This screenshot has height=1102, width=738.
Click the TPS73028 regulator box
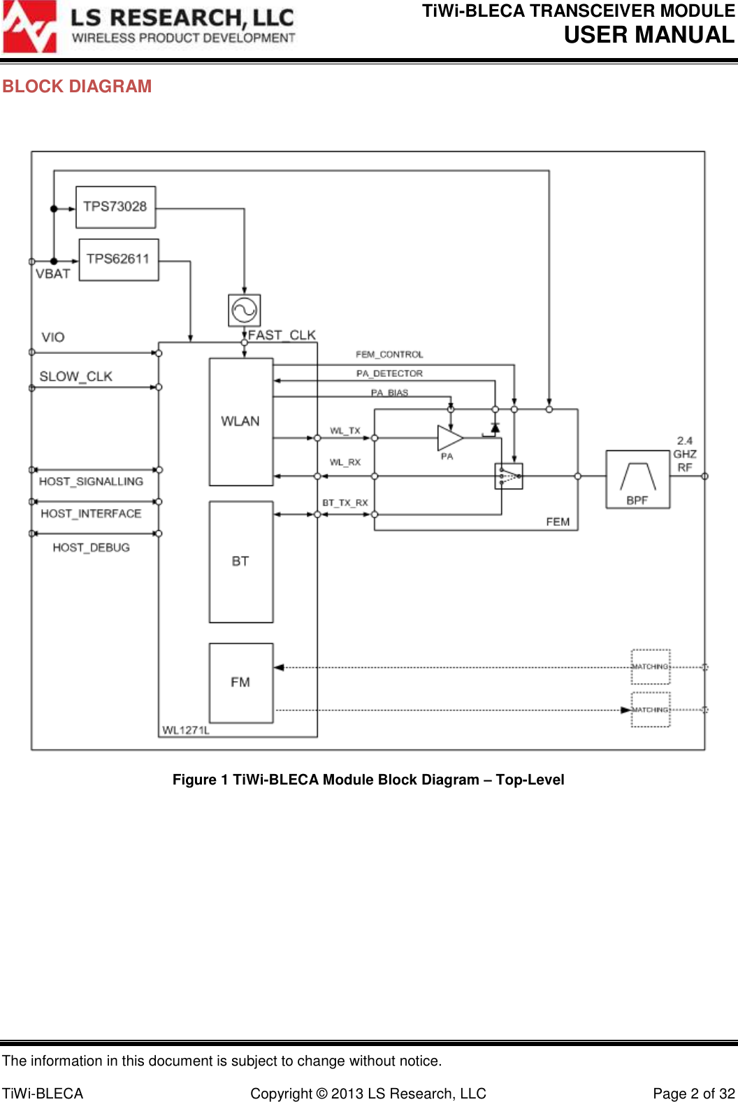pyautogui.click(x=115, y=207)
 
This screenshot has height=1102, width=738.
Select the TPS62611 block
pyautogui.click(x=119, y=259)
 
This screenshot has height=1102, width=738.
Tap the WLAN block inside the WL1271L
pyautogui.click(x=241, y=422)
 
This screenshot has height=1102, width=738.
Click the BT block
pyautogui.click(x=241, y=561)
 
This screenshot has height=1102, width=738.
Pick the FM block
pyautogui.click(x=241, y=682)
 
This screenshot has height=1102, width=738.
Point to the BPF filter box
pyautogui.click(x=637, y=480)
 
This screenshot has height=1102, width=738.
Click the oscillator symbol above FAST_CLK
pyautogui.click(x=245, y=310)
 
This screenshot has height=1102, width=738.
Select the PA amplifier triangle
pyautogui.click(x=449, y=438)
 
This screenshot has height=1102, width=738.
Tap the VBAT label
pyautogui.click(x=53, y=274)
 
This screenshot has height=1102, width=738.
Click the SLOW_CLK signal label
pyautogui.click(x=75, y=377)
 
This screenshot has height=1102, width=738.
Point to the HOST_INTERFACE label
pyautogui.click(x=91, y=514)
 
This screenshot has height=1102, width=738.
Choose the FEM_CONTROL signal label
pyautogui.click(x=389, y=355)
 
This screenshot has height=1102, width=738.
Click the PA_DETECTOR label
pyautogui.click(x=389, y=373)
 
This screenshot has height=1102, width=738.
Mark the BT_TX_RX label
pyautogui.click(x=345, y=503)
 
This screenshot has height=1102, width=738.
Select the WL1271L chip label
pyautogui.click(x=186, y=730)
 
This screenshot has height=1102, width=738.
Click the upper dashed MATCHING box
pyautogui.click(x=651, y=667)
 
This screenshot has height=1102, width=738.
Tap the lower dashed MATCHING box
pyautogui.click(x=651, y=710)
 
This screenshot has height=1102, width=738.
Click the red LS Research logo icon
pyautogui.click(x=29, y=27)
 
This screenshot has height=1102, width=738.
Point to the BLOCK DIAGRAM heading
pyautogui.click(x=77, y=87)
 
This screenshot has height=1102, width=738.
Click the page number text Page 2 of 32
pyautogui.click(x=693, y=1094)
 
